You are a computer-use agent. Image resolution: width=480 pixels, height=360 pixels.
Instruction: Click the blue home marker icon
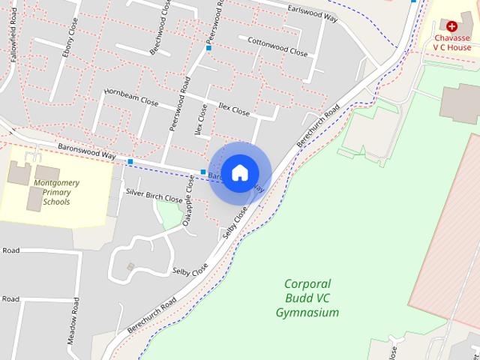tap(239, 172)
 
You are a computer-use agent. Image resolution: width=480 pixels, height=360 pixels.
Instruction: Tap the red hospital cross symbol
tap(451, 25)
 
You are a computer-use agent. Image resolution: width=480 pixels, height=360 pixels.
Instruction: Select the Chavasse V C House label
tap(451, 41)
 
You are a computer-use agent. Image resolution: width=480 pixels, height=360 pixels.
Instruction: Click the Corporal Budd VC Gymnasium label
tap(307, 298)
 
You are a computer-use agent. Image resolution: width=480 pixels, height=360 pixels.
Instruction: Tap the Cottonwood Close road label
tap(277, 49)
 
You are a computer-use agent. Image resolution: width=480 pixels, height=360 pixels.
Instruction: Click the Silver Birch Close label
tap(154, 196)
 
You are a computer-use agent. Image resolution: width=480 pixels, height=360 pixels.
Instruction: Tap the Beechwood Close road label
tap(160, 34)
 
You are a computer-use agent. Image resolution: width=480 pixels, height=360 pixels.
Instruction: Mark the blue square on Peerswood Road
tap(208, 48)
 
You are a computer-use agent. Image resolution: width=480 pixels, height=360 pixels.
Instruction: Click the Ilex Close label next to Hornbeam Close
tap(232, 109)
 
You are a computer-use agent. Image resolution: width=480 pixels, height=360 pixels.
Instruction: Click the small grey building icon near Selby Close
tap(130, 266)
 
